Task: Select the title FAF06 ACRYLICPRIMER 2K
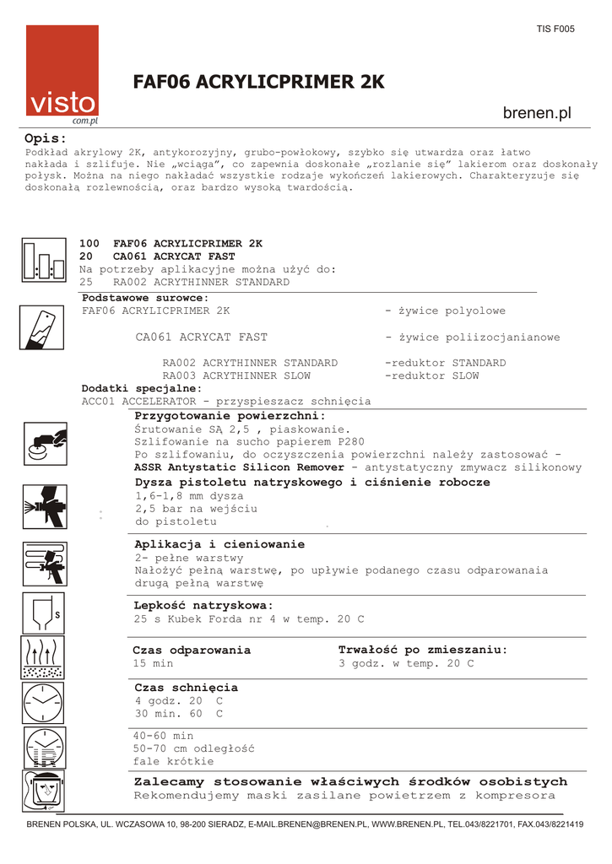tap(259, 82)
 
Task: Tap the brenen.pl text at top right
tap(537, 113)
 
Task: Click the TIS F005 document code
tap(555, 29)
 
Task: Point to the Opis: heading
tap(46, 138)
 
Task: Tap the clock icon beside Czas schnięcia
tap(43, 702)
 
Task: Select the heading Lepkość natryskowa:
tap(203, 606)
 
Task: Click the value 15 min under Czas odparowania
tap(153, 664)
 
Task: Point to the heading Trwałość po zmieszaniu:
tap(423, 650)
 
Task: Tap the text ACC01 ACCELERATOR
tap(138, 402)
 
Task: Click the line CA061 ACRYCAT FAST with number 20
tap(158, 256)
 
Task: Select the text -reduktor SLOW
tap(431, 376)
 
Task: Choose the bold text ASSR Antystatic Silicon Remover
tap(239, 467)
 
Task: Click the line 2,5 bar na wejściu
tap(196, 510)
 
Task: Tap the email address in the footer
tap(311, 824)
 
